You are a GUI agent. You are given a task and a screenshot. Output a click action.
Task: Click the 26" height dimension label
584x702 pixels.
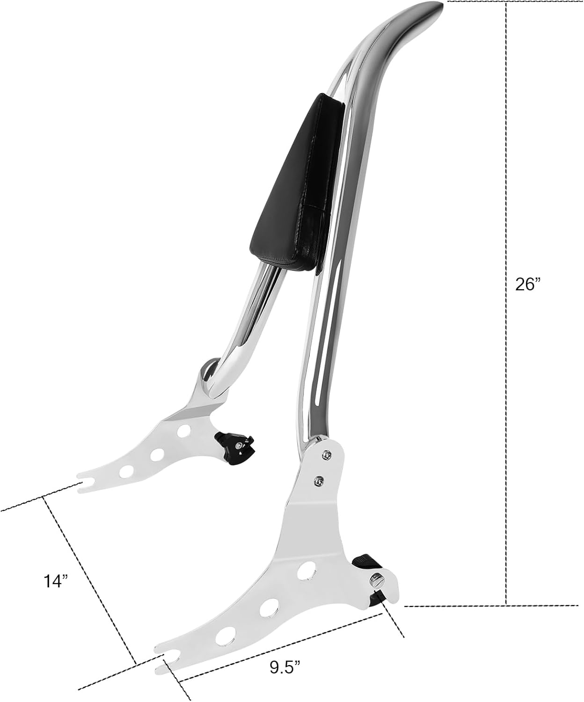(x=528, y=284)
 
